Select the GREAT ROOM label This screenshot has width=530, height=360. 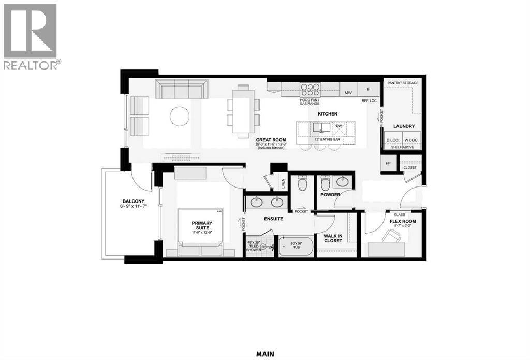(x=271, y=140)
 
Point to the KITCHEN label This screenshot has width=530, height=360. (x=328, y=113)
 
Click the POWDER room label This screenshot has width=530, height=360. (x=330, y=195)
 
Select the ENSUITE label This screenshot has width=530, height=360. (x=273, y=219)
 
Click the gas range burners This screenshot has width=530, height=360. (x=310, y=89)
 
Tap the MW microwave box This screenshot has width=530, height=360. (x=348, y=93)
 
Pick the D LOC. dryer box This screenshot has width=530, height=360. (x=391, y=140)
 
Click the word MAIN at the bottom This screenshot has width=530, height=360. (x=265, y=354)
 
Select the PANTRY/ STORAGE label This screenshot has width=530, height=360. (x=402, y=83)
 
